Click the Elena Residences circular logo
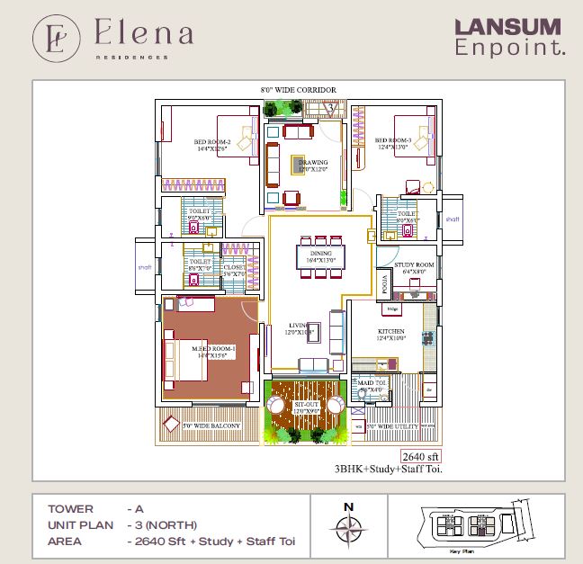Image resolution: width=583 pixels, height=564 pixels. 56,37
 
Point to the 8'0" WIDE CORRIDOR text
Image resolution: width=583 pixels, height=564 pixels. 298,91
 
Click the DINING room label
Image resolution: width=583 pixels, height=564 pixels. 321,255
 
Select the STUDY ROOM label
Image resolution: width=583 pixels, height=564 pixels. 414,264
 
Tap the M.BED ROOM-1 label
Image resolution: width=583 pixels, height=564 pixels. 212,348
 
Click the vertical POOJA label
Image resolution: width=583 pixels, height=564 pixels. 385,287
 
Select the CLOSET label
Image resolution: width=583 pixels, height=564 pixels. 234,267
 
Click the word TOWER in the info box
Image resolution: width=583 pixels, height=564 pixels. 69,508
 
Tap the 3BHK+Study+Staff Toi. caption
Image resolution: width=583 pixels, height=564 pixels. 389,469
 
